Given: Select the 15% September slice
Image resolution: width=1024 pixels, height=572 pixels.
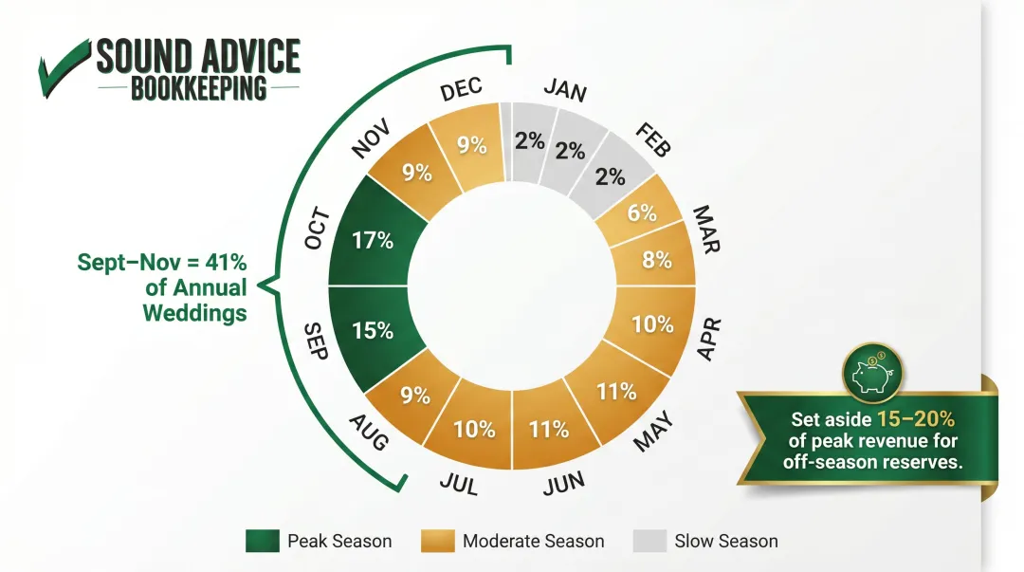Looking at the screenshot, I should click(374, 331).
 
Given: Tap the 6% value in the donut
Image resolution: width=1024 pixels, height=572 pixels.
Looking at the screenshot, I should click(642, 213).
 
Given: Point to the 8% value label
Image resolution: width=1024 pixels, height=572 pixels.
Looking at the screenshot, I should click(656, 259).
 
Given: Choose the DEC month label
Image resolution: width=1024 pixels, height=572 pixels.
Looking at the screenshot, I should click(462, 90).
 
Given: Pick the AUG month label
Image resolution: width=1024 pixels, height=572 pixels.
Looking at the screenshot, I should click(370, 432).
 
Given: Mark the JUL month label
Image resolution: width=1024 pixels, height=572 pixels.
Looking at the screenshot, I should click(459, 483).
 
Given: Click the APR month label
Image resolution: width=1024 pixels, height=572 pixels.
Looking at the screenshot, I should click(710, 340).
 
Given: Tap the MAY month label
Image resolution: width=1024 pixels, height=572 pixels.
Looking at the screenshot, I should click(653, 432).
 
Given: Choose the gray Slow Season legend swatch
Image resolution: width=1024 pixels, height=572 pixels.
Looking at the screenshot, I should click(649, 541).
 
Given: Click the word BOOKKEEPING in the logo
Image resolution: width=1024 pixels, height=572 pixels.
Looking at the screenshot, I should click(198, 89).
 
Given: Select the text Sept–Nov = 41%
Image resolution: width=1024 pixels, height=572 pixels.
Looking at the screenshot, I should click(162, 263).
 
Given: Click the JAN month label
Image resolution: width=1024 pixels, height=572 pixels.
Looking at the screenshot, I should click(565, 90).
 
